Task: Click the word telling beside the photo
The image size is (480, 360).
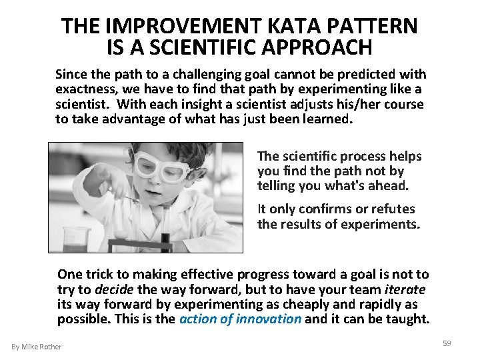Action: pyautogui.click(x=277, y=186)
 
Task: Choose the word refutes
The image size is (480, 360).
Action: pyautogui.click(x=393, y=209)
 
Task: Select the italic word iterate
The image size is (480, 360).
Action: pyautogui.click(x=405, y=289)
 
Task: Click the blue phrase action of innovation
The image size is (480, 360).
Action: pyautogui.click(x=240, y=319)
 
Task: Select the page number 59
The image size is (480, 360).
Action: pyautogui.click(x=447, y=343)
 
